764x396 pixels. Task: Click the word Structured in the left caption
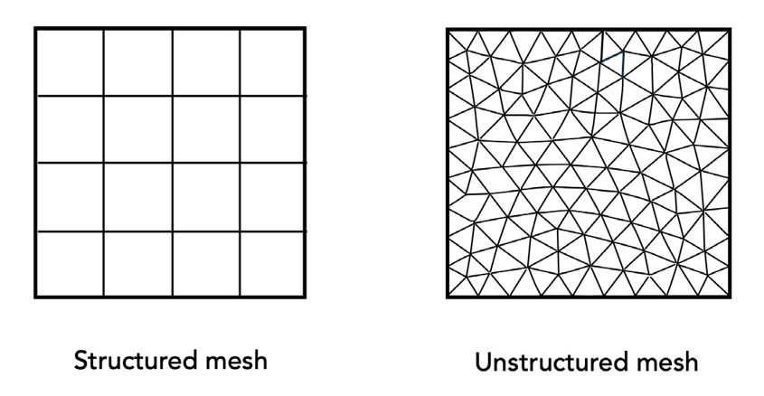(130, 361)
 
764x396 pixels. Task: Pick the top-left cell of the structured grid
(70, 61)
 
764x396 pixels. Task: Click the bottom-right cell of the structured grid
(272, 264)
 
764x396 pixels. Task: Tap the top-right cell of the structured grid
(272, 61)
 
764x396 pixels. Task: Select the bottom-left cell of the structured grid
(70, 264)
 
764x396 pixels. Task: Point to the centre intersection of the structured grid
(172, 164)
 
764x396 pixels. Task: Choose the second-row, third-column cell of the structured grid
(205, 129)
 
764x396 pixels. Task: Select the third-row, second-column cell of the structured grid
(137, 197)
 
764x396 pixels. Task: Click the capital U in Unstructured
(482, 363)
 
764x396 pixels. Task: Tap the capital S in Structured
(80, 361)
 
